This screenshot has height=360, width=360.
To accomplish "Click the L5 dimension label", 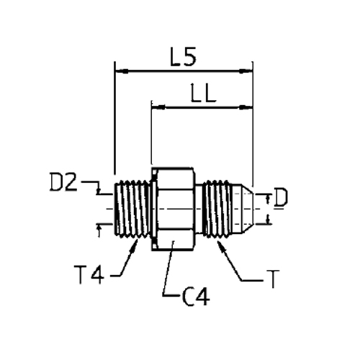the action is click(x=183, y=57).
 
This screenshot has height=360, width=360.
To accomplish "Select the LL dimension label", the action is click(x=204, y=93).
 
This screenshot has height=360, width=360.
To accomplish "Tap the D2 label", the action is click(x=63, y=182).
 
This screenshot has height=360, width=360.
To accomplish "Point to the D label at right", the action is click(x=280, y=197).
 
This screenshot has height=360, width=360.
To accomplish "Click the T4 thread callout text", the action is click(x=89, y=274).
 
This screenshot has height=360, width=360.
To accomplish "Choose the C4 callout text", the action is click(x=196, y=297).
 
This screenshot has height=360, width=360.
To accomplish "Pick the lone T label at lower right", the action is click(x=273, y=279).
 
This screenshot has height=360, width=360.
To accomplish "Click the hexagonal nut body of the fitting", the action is click(x=173, y=209).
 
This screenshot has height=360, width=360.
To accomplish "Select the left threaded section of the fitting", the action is click(x=132, y=209).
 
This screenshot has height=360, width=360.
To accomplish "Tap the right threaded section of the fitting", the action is click(x=217, y=209).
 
